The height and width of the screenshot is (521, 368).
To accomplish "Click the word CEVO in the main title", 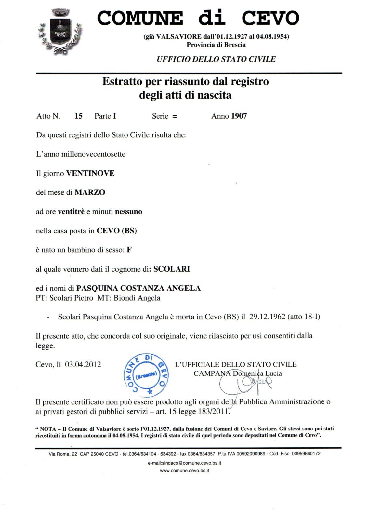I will pyautogui.click(x=270, y=18).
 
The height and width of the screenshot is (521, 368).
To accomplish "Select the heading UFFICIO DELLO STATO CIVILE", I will pyautogui.click(x=216, y=59).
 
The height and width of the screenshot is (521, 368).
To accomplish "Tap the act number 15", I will pyautogui.click(x=78, y=116).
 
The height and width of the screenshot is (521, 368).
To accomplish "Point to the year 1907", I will pyautogui.click(x=239, y=116).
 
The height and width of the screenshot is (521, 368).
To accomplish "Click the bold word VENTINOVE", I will pyautogui.click(x=90, y=173).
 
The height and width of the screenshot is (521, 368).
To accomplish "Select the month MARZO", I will pyautogui.click(x=90, y=192).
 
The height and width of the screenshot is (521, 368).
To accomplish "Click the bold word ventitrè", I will pyautogui.click(x=71, y=212).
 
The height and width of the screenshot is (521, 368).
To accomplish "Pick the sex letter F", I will pyautogui.click(x=129, y=250).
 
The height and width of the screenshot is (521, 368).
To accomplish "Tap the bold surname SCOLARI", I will pyautogui.click(x=172, y=269).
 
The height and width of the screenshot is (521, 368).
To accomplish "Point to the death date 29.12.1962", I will pyautogui.click(x=267, y=317).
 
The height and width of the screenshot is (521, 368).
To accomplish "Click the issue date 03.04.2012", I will pyautogui.click(x=83, y=364).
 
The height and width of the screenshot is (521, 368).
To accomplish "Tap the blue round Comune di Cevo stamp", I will pyautogui.click(x=146, y=374).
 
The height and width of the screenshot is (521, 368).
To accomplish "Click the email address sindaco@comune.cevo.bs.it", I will pyautogui.click(x=184, y=463).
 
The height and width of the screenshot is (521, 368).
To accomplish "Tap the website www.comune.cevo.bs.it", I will pyautogui.click(x=184, y=470).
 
